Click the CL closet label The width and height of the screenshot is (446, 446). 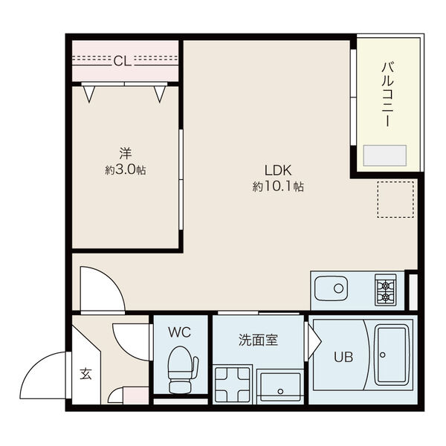point(123,61)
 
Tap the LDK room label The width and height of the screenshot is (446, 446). point(278,170)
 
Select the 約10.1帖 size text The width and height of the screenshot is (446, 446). point(278,187)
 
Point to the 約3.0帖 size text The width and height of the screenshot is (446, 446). point(126,170)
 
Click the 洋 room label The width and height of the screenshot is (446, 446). point(126,154)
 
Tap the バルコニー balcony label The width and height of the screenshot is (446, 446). point(388,94)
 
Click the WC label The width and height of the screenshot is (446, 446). point(179,332)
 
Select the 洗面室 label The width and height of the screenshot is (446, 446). point(258,340)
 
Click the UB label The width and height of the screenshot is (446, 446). point(343,357)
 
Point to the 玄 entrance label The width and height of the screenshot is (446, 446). point(85,373)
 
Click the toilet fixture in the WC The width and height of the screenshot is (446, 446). point(182,370)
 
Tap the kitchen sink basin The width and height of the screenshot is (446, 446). point(332,288)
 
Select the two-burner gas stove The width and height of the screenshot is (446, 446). point(385,290)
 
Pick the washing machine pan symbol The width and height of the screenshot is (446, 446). point(233,385)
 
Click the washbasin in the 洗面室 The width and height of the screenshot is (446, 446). point(280,387)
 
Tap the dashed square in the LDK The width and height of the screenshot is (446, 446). point(395,199)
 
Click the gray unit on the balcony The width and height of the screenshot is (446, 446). point(384,155)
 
